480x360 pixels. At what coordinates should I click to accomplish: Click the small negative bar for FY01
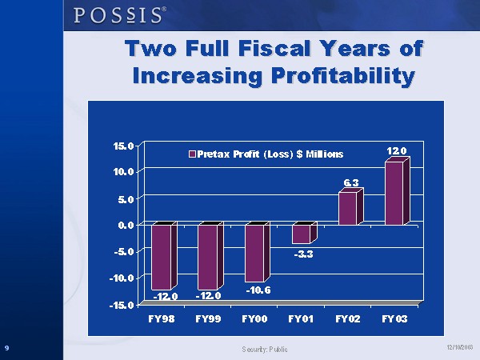[x=301, y=234]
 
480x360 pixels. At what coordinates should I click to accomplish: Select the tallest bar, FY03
[x=394, y=193]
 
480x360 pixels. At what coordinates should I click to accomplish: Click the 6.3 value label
[x=350, y=183]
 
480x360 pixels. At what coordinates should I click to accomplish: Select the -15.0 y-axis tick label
[x=122, y=305]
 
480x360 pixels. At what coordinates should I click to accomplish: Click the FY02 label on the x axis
[x=348, y=318]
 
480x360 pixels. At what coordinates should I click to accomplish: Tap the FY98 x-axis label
[x=162, y=318]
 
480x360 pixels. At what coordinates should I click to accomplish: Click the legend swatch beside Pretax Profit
[x=191, y=154]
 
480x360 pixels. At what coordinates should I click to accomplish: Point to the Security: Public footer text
[x=264, y=349]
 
